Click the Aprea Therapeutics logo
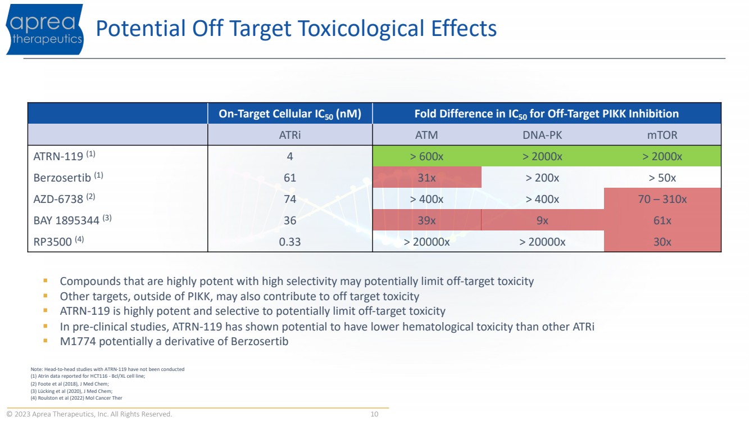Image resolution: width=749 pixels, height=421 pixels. tap(45, 29)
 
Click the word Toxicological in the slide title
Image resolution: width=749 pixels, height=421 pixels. tap(361, 29)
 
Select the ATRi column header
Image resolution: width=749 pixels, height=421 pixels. tap(290, 135)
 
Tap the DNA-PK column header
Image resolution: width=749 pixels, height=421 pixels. tap(542, 135)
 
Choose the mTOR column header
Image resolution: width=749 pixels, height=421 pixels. tap(662, 135)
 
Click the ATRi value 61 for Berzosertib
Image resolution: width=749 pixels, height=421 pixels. tap(290, 178)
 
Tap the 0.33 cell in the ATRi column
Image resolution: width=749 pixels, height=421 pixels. tap(290, 242)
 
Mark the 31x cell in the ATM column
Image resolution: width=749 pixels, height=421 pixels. tap(426, 178)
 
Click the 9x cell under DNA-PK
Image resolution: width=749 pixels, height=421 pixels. tap(542, 220)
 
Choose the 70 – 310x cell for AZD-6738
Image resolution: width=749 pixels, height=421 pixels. tap(662, 199)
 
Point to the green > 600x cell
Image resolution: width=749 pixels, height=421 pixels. tap(426, 156)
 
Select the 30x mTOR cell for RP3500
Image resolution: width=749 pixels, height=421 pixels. tap(662, 242)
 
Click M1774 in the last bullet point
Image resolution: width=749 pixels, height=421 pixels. tap(78, 341)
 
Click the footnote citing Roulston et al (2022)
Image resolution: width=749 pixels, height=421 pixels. tap(76, 398)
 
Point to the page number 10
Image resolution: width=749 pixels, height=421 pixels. tap(374, 414)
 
